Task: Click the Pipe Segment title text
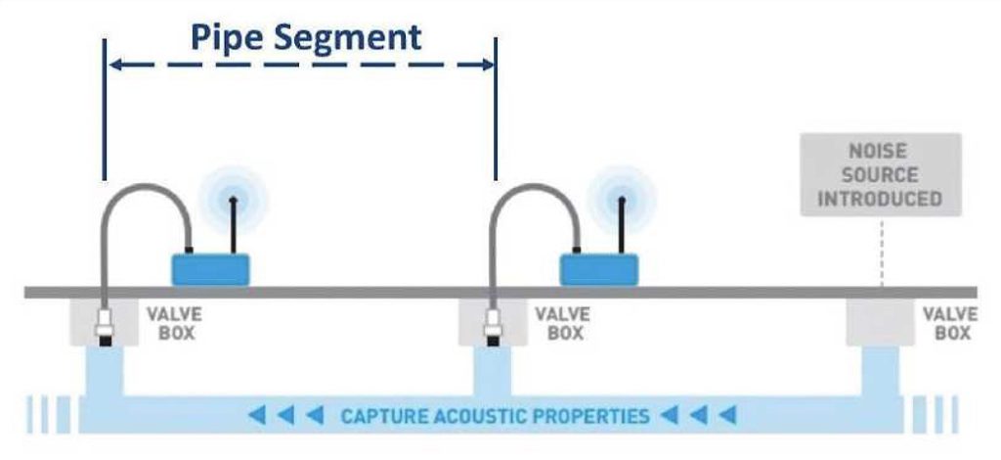(x=306, y=36)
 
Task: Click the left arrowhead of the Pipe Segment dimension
(x=114, y=66)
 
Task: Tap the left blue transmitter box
(x=212, y=267)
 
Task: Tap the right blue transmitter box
(x=598, y=267)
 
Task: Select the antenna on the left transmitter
(x=233, y=225)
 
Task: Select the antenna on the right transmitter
(x=622, y=225)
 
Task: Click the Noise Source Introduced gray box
(x=881, y=174)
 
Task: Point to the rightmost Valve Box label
(x=949, y=324)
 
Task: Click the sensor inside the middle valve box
(x=493, y=328)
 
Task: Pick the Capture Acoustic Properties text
(x=494, y=417)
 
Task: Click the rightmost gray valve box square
(x=881, y=322)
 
